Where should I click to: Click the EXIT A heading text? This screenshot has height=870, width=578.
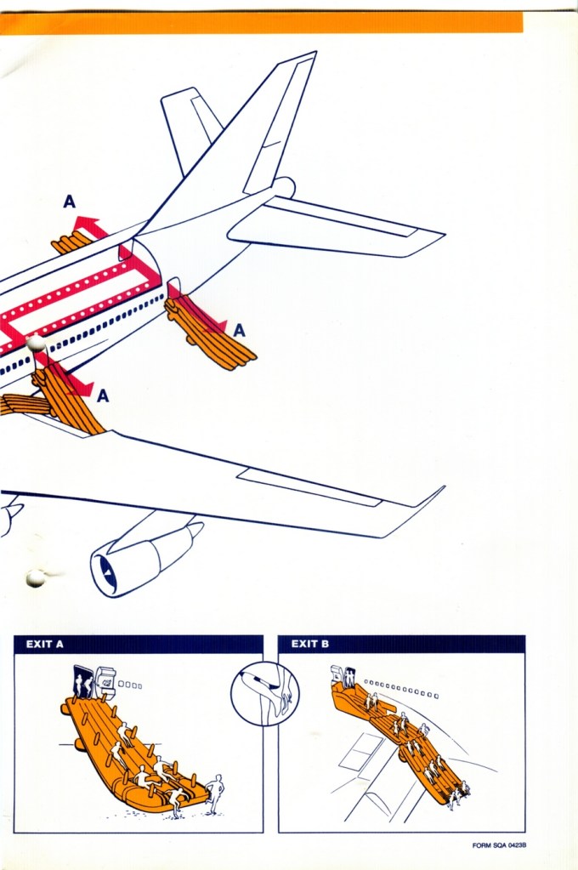[44, 644]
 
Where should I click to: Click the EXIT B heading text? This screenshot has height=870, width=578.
[310, 644]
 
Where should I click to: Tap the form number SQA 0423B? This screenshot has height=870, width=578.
[499, 845]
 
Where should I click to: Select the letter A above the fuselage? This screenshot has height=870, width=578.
[70, 202]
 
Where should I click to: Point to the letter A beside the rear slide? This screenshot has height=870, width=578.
[239, 331]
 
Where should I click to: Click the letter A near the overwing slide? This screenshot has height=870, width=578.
[103, 395]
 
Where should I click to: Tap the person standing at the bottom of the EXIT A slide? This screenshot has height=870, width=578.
[214, 793]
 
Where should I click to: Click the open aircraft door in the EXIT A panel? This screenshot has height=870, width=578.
[82, 680]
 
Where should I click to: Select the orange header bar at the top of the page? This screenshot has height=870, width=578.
[261, 23]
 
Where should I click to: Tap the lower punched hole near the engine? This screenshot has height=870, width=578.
[36, 577]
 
